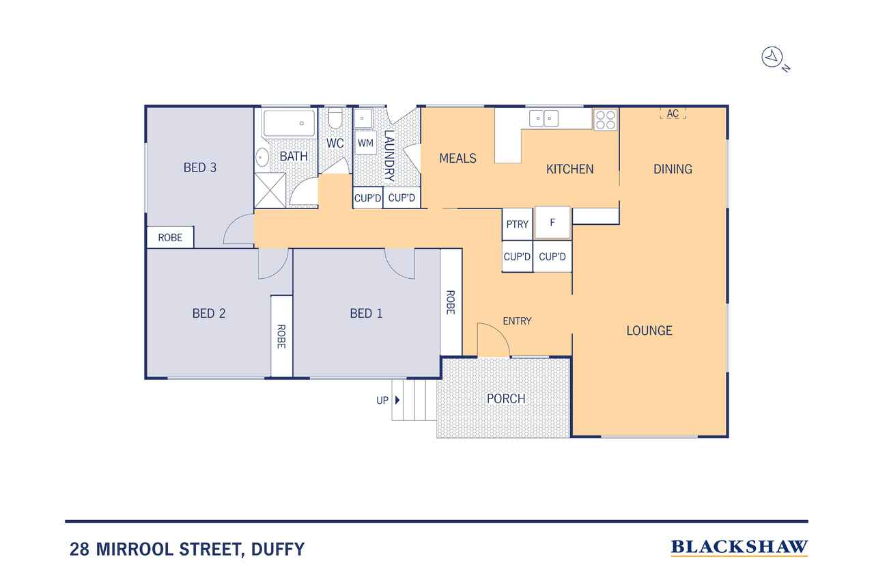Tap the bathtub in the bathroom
289,123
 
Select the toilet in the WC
335,118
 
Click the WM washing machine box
365,143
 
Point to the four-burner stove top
606,120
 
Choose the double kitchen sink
544,118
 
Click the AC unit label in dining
673,113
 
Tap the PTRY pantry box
517,224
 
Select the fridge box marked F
552,223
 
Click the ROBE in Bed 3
170,237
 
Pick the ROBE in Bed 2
281,336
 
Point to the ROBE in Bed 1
451,302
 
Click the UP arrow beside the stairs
397,400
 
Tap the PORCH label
506,398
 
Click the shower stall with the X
270,190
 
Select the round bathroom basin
262,157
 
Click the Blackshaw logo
739,548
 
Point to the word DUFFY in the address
278,550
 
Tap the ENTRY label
517,321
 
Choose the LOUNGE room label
649,331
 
